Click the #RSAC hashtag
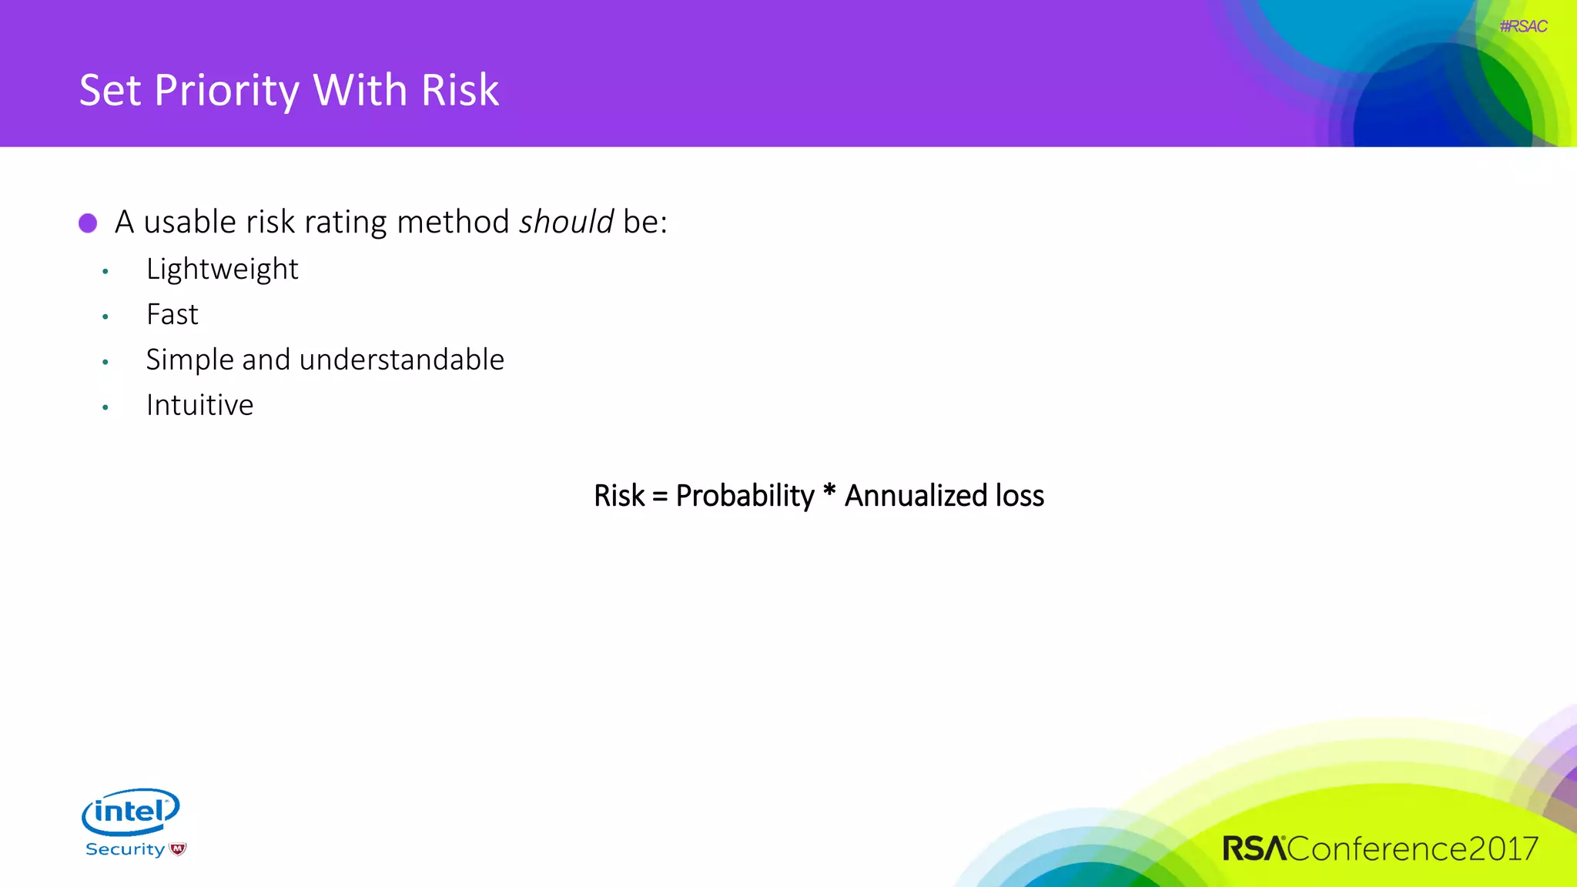pyautogui.click(x=1522, y=26)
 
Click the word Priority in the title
pyautogui.click(x=226, y=91)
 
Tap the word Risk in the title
pyautogui.click(x=460, y=90)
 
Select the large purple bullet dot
pyautogui.click(x=88, y=223)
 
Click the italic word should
pyautogui.click(x=566, y=223)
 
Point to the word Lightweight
pyautogui.click(x=222, y=269)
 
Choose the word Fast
pyautogui.click(x=172, y=315)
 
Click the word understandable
pyautogui.click(x=401, y=360)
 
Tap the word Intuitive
pyautogui.click(x=199, y=406)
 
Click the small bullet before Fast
pyautogui.click(x=105, y=316)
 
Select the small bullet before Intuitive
pyautogui.click(x=105, y=407)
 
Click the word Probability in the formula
pyautogui.click(x=745, y=496)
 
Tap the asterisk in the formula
pyautogui.click(x=829, y=490)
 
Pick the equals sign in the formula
pyautogui.click(x=660, y=497)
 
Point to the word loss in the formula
pyautogui.click(x=1020, y=496)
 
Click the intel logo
pyautogui.click(x=130, y=812)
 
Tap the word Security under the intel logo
pyautogui.click(x=125, y=849)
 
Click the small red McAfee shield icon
pyautogui.click(x=178, y=849)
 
